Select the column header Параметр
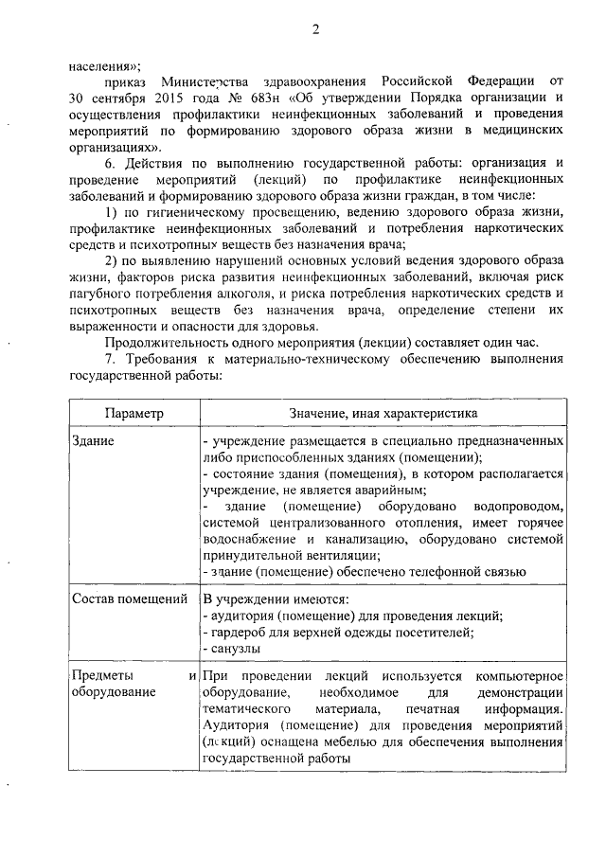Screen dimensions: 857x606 134,414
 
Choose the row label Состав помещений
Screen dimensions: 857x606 129,599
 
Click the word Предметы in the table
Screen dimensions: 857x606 103,676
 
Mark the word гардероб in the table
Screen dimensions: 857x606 238,632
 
